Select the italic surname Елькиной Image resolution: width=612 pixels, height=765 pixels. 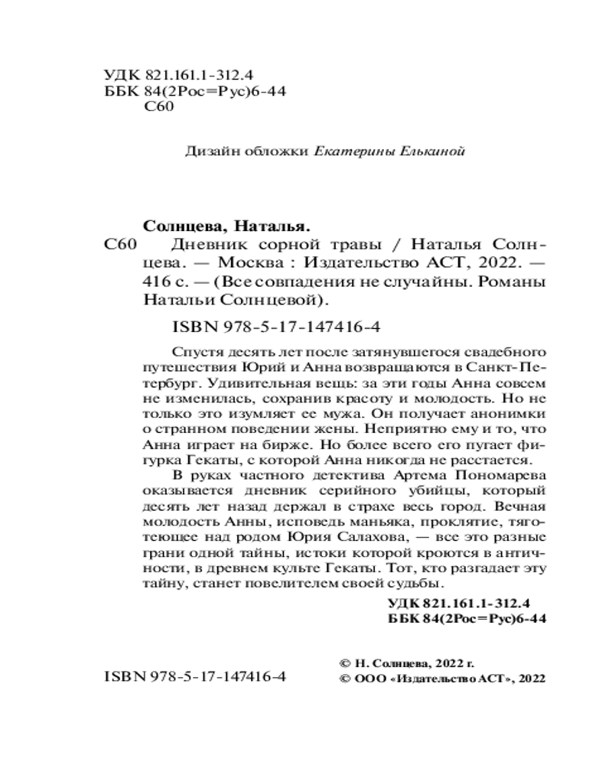(x=427, y=151)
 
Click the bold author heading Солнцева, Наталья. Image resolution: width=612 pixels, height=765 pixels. (x=227, y=226)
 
